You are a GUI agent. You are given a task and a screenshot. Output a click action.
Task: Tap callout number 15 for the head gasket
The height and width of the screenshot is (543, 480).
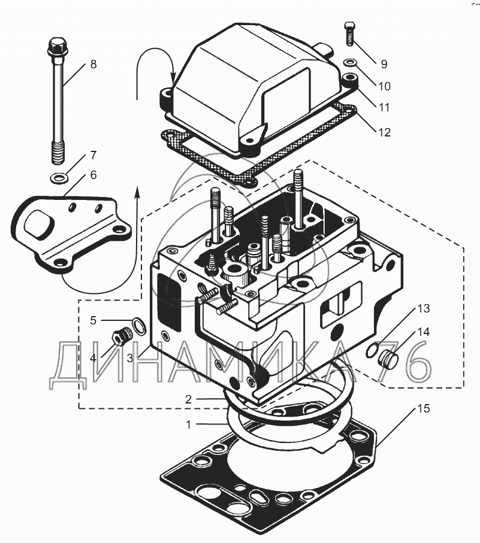point(424,409)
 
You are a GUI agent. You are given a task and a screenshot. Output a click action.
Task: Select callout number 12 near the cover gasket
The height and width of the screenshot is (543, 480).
point(384,132)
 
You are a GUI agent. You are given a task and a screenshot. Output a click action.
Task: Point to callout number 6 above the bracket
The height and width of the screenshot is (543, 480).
point(93,175)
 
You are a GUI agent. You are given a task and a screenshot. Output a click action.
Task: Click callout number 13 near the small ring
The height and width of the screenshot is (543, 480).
point(424,309)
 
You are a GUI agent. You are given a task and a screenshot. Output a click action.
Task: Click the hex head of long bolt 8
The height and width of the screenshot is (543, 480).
point(56,45)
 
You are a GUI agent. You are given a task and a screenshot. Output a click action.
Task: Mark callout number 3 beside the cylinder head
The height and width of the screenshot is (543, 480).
point(129,358)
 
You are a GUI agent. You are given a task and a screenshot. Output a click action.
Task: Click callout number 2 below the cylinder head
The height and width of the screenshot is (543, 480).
point(189,398)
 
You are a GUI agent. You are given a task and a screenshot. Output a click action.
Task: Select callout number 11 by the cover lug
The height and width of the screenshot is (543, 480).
point(384,107)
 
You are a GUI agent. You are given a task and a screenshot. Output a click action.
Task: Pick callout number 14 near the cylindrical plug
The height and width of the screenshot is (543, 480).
point(424,331)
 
